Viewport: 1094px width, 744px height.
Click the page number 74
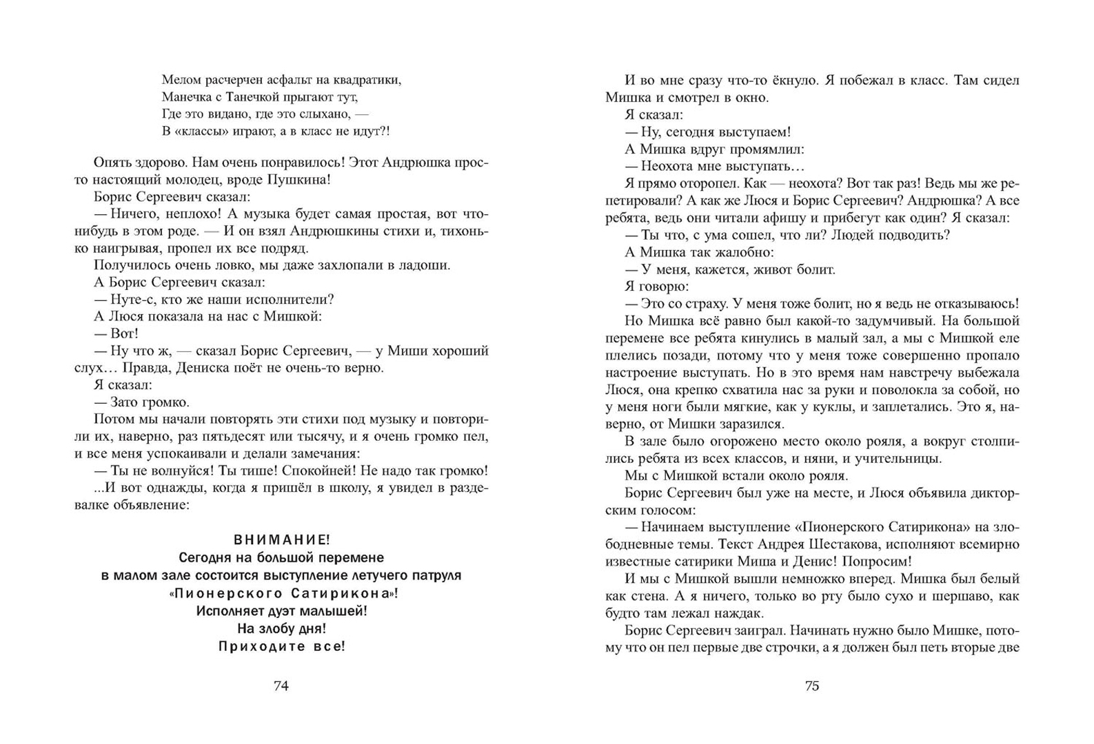pyautogui.click(x=281, y=686)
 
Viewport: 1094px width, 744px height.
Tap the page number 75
pyautogui.click(x=812, y=686)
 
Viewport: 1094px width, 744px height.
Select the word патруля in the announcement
pyautogui.click(x=435, y=575)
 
